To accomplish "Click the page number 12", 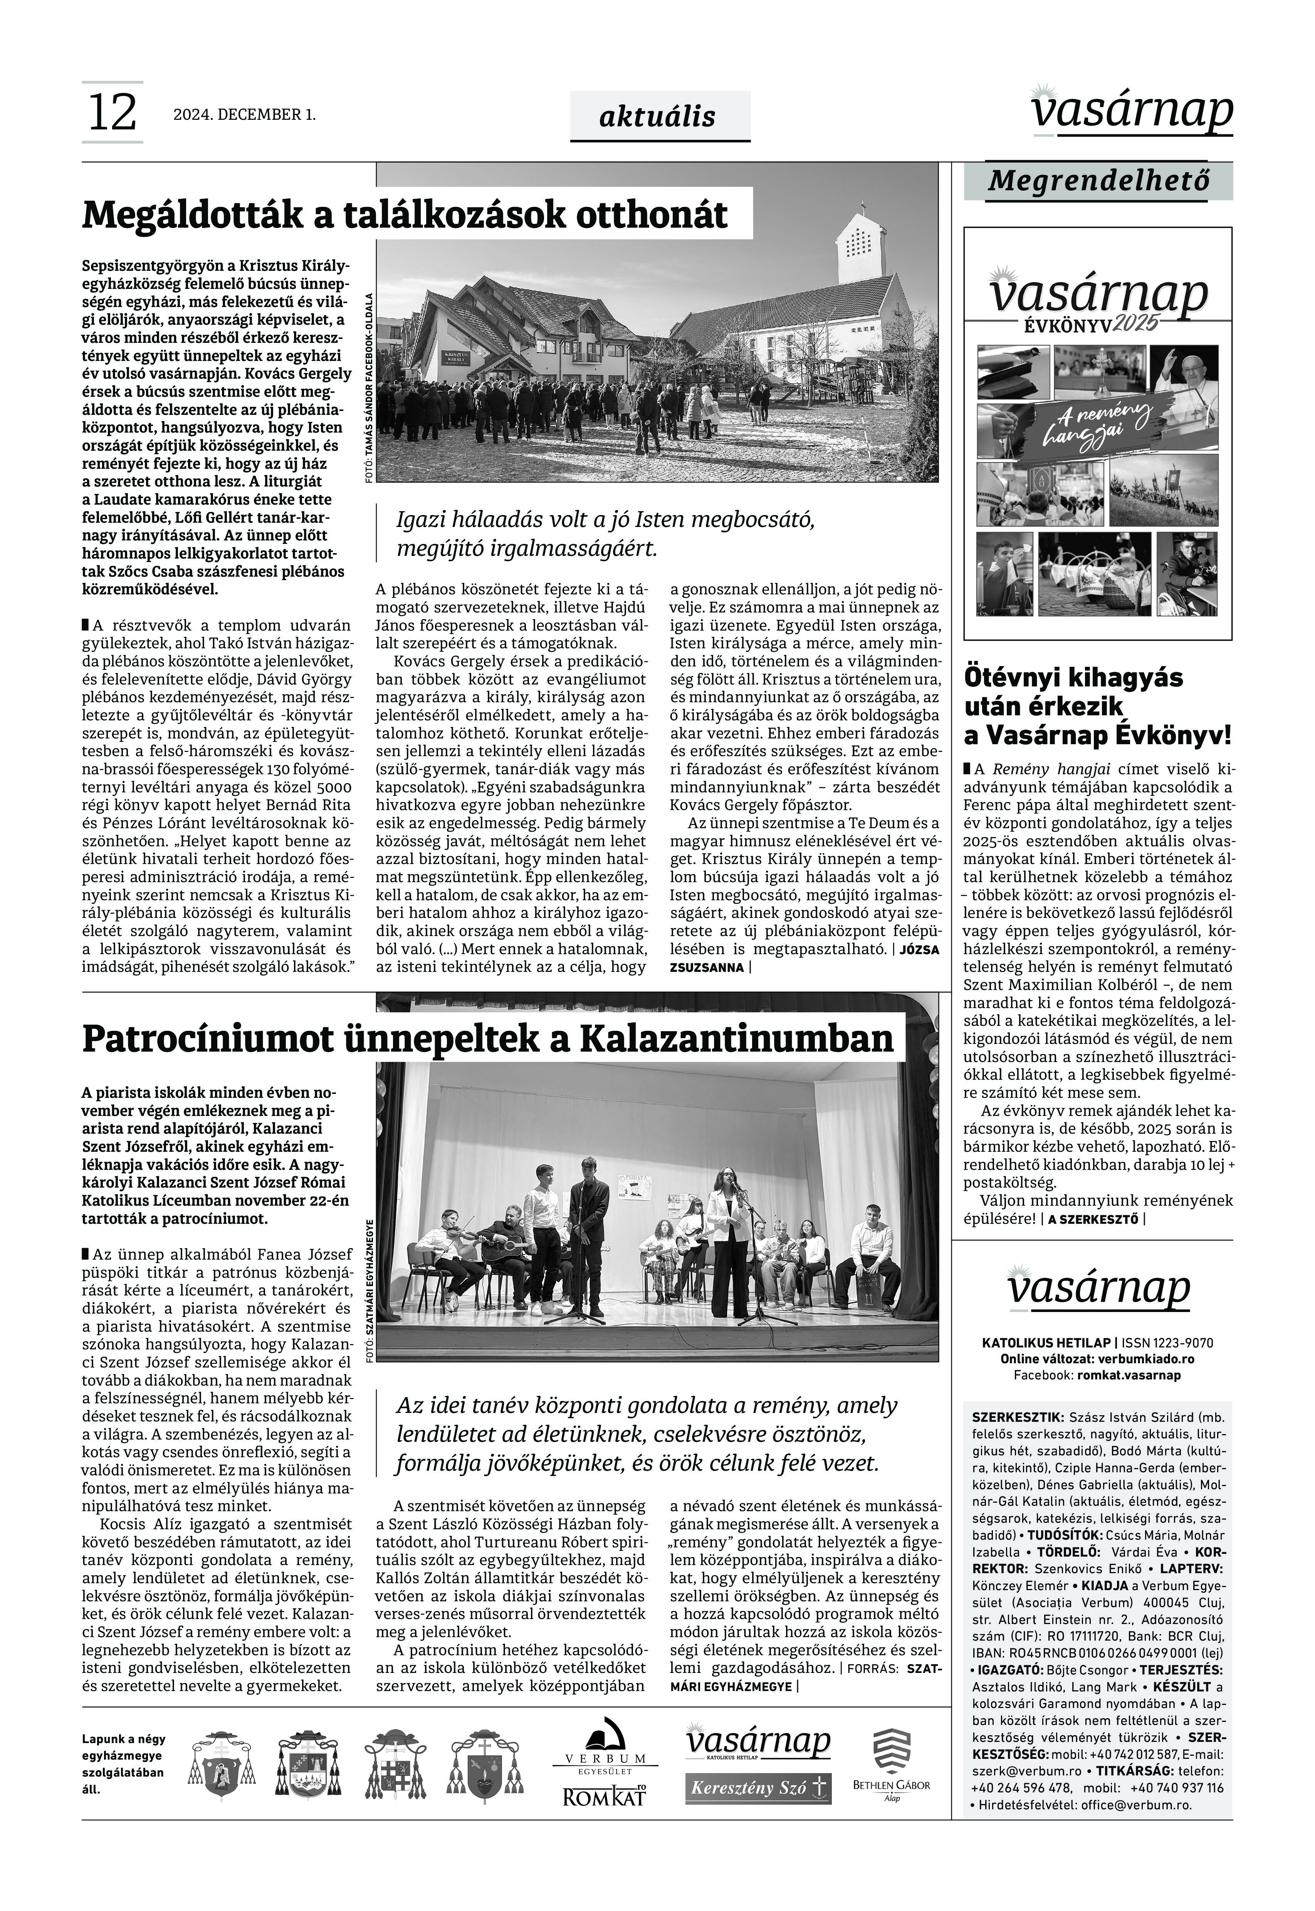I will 111,113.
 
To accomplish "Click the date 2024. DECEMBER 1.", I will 244,114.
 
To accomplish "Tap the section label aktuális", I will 657,117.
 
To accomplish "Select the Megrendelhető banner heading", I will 1098,180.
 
